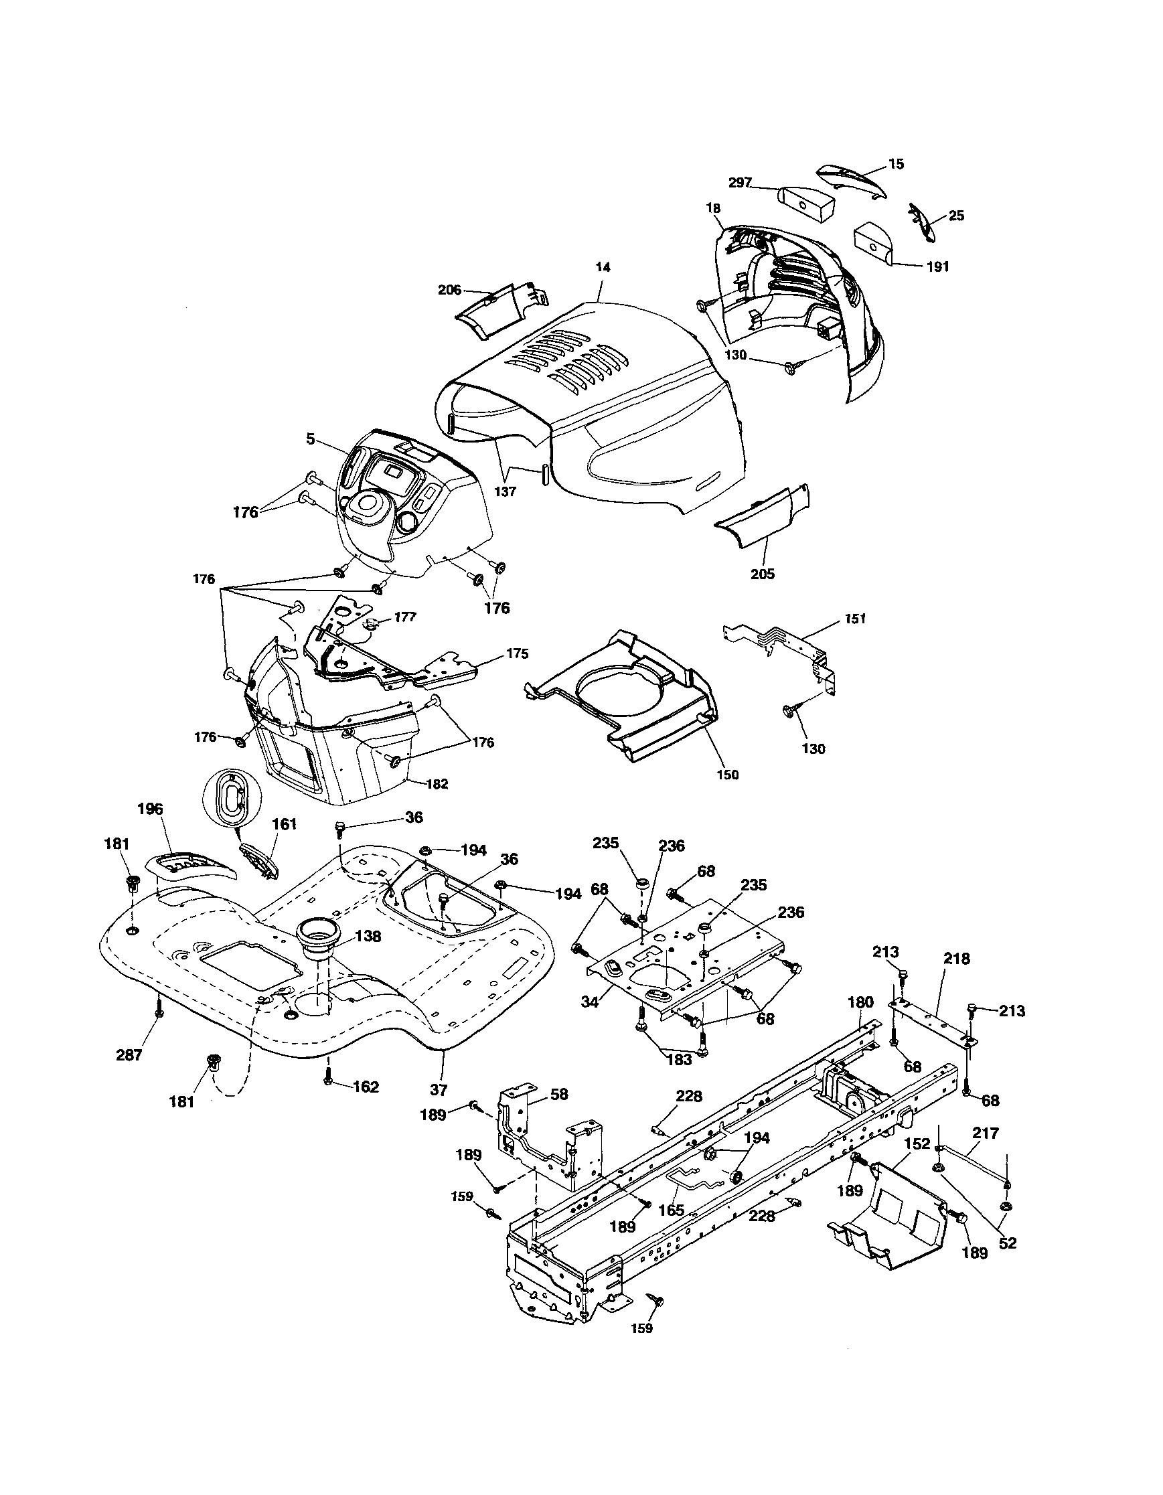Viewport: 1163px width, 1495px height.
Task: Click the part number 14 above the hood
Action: pos(603,268)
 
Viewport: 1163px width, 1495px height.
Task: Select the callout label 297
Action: pos(741,183)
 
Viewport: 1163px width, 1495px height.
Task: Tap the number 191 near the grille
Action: pos(937,267)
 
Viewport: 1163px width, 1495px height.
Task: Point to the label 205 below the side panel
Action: pos(762,574)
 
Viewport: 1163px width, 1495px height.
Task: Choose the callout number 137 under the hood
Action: pos(506,491)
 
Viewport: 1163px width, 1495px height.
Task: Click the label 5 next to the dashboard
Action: pos(311,439)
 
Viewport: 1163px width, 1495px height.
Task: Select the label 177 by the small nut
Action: pos(405,617)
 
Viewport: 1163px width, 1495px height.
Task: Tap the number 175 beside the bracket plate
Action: pos(517,653)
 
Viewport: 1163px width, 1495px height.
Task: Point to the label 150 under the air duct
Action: pos(728,774)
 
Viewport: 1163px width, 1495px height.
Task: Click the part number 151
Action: pos(855,619)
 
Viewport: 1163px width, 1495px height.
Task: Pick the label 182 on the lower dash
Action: pos(437,785)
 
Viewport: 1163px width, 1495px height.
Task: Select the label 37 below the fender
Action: pos(439,1089)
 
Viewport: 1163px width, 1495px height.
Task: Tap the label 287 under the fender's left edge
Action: pos(129,1055)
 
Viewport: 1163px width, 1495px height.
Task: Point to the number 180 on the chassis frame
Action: pos(860,1002)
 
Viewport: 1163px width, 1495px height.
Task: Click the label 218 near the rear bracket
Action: pos(956,959)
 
